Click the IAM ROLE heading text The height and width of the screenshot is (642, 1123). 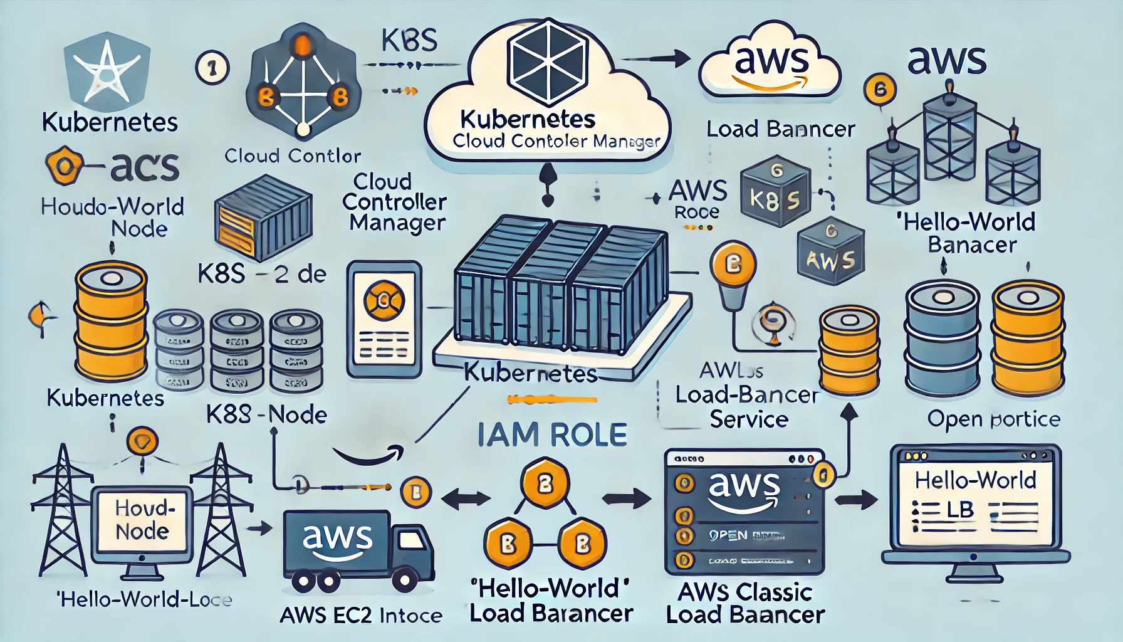point(552,434)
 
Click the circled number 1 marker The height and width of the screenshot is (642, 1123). point(212,68)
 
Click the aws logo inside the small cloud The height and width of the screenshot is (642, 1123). point(771,63)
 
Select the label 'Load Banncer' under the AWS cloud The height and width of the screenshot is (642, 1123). point(780,129)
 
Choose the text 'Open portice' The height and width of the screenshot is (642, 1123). point(993,419)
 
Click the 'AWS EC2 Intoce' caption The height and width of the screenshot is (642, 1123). point(361,616)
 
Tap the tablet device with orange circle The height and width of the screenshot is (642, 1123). point(384,319)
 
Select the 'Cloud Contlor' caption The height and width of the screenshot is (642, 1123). point(293,155)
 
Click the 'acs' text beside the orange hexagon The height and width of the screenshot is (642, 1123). point(144,167)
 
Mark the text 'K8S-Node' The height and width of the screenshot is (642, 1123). point(266,414)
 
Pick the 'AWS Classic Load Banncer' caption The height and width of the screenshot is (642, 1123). point(745,603)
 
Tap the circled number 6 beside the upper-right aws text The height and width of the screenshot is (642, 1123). point(880,90)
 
